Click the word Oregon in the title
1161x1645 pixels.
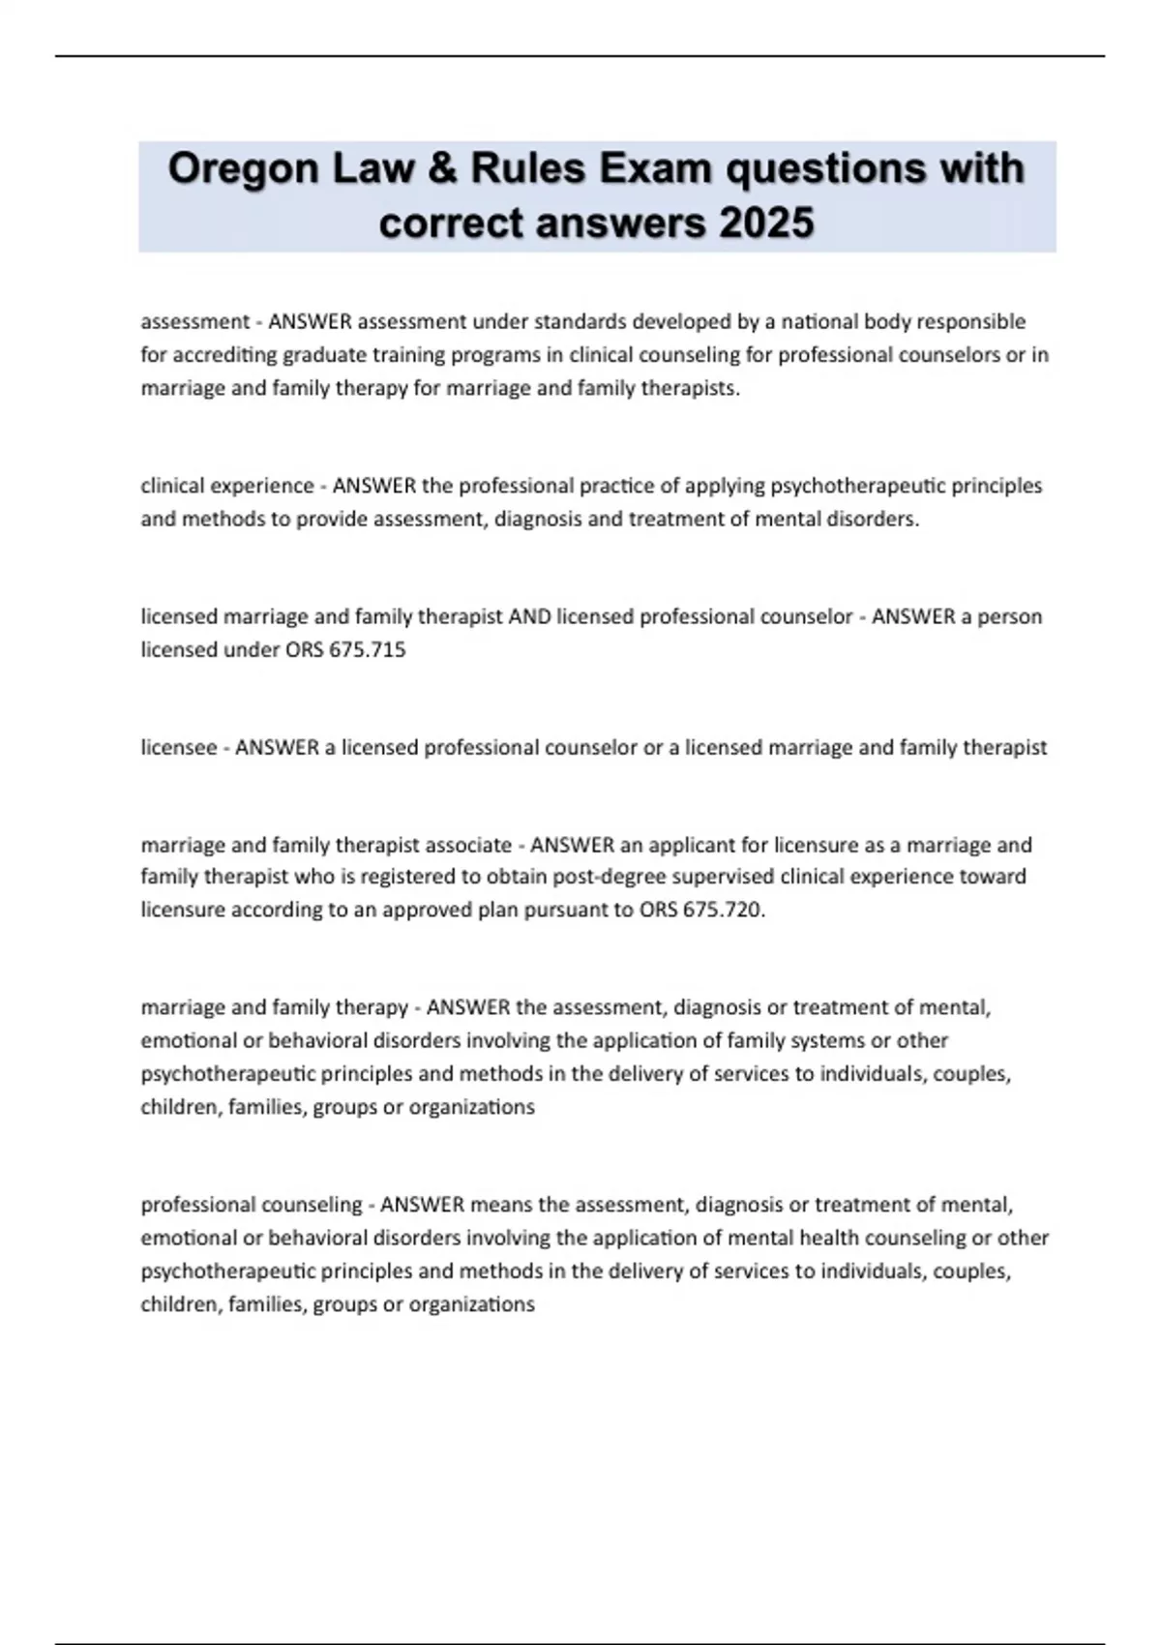coord(243,170)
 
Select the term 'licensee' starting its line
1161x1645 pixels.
coord(179,747)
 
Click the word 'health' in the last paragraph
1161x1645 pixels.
coord(828,1238)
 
